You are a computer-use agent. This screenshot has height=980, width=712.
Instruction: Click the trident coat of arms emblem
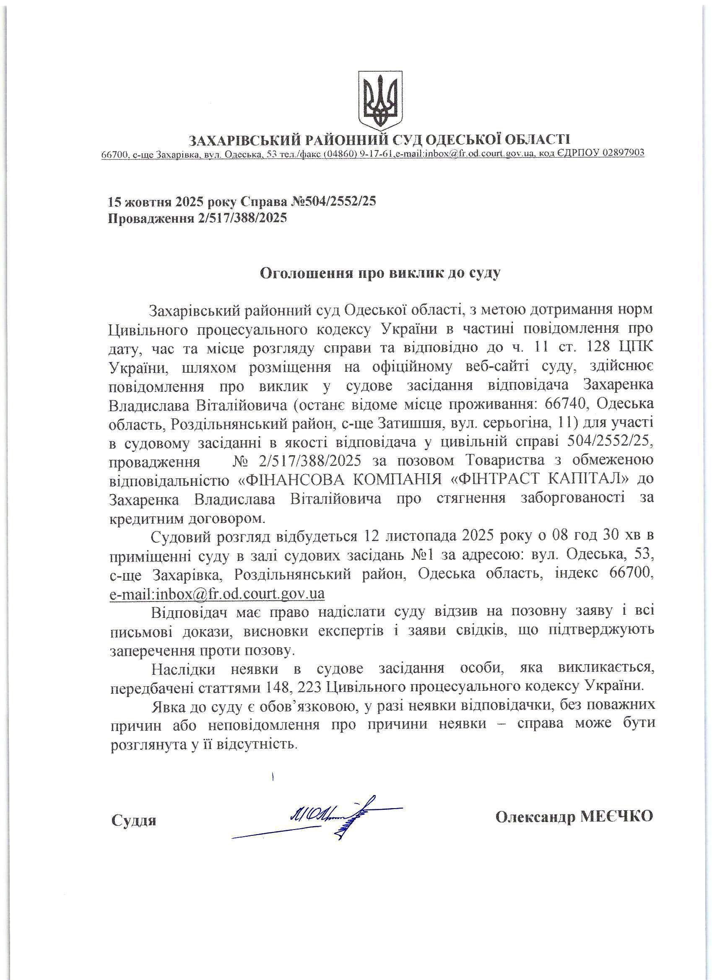(x=380, y=99)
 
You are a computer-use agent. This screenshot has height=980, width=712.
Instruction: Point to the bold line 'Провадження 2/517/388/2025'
(x=197, y=218)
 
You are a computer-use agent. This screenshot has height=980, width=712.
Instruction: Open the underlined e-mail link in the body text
(x=218, y=593)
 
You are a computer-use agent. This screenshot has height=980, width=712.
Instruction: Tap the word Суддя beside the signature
(x=134, y=820)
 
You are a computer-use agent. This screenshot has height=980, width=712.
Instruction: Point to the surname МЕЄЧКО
(x=616, y=817)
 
